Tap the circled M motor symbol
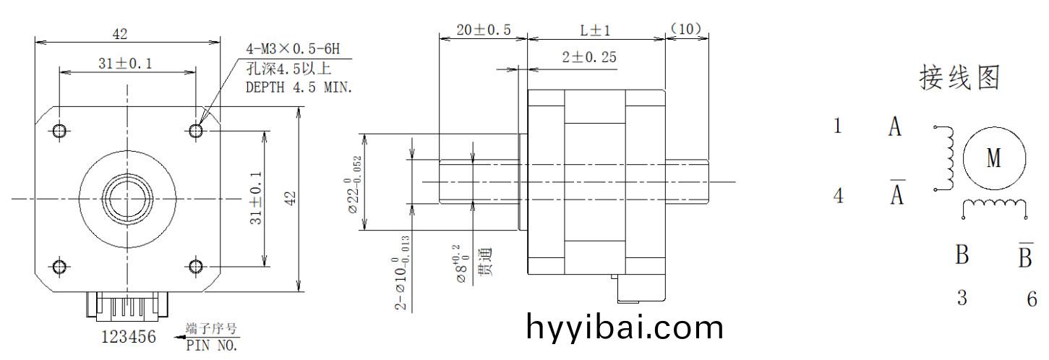click(x=994, y=159)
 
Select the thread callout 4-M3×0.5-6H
click(x=293, y=48)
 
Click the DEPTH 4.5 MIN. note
click(x=299, y=87)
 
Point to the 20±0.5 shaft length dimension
click(x=483, y=30)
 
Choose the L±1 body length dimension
click(x=595, y=31)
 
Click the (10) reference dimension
click(x=686, y=29)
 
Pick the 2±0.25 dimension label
click(x=589, y=58)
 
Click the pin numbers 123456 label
click(x=128, y=337)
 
